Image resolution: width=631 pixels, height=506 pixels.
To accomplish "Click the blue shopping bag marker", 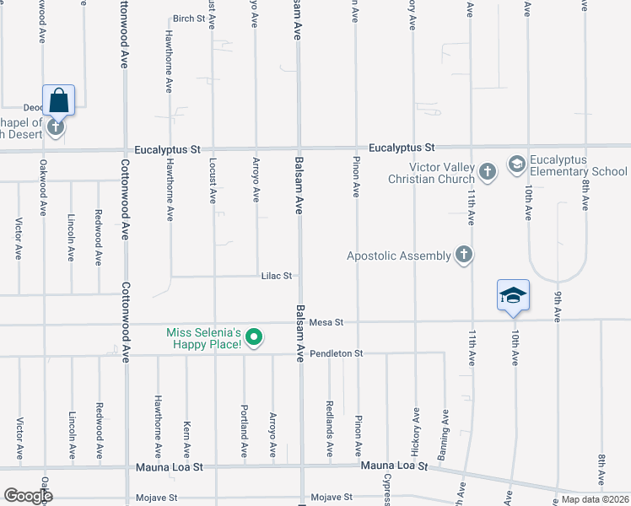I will click(58, 100).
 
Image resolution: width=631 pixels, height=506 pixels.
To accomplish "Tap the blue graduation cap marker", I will click(513, 295).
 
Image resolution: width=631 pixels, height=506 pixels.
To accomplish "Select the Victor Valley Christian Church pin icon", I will click(487, 172).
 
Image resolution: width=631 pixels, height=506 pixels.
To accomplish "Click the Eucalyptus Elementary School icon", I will click(517, 162).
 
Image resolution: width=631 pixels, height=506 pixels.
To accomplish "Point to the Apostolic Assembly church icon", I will click(462, 254).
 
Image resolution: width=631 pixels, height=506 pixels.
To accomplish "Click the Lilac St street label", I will click(277, 276).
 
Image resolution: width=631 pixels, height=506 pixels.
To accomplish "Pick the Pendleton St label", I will click(336, 353).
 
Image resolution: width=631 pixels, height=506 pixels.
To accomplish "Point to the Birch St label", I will click(189, 19).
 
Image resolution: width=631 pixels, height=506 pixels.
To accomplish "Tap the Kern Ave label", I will click(186, 438).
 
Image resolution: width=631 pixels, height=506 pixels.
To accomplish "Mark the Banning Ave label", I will click(444, 428).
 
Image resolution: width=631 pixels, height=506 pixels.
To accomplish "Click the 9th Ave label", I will click(558, 305).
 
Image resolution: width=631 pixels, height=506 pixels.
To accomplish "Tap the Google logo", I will click(28, 495).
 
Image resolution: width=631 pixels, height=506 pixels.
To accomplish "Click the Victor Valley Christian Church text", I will click(431, 173).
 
